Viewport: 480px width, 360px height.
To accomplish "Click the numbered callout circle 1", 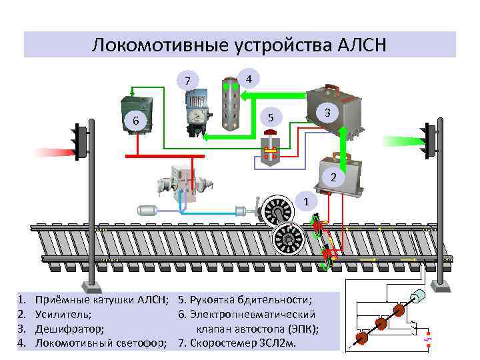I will point(305,201).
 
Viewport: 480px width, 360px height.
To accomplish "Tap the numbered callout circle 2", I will point(334,178).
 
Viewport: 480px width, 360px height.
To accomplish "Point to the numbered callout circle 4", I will point(248,78).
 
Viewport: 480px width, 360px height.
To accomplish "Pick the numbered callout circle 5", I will point(270,117).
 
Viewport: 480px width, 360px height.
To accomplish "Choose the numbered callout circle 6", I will point(136,121).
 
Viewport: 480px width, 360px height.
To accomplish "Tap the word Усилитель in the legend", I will point(63,313).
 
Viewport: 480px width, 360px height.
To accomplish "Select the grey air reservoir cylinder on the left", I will point(148,210).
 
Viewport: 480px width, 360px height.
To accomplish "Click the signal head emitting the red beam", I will point(81,141).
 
